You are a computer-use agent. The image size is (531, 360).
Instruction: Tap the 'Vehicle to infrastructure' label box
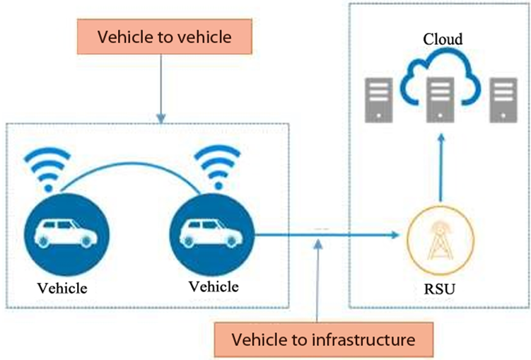(x=323, y=339)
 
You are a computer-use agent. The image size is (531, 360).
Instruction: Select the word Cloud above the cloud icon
(x=443, y=40)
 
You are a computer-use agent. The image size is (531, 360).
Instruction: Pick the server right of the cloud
(x=503, y=98)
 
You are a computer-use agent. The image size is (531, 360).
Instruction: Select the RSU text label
(x=441, y=289)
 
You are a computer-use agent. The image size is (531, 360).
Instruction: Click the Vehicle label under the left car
(x=64, y=288)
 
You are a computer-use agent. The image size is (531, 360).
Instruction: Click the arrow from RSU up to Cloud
(x=440, y=170)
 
